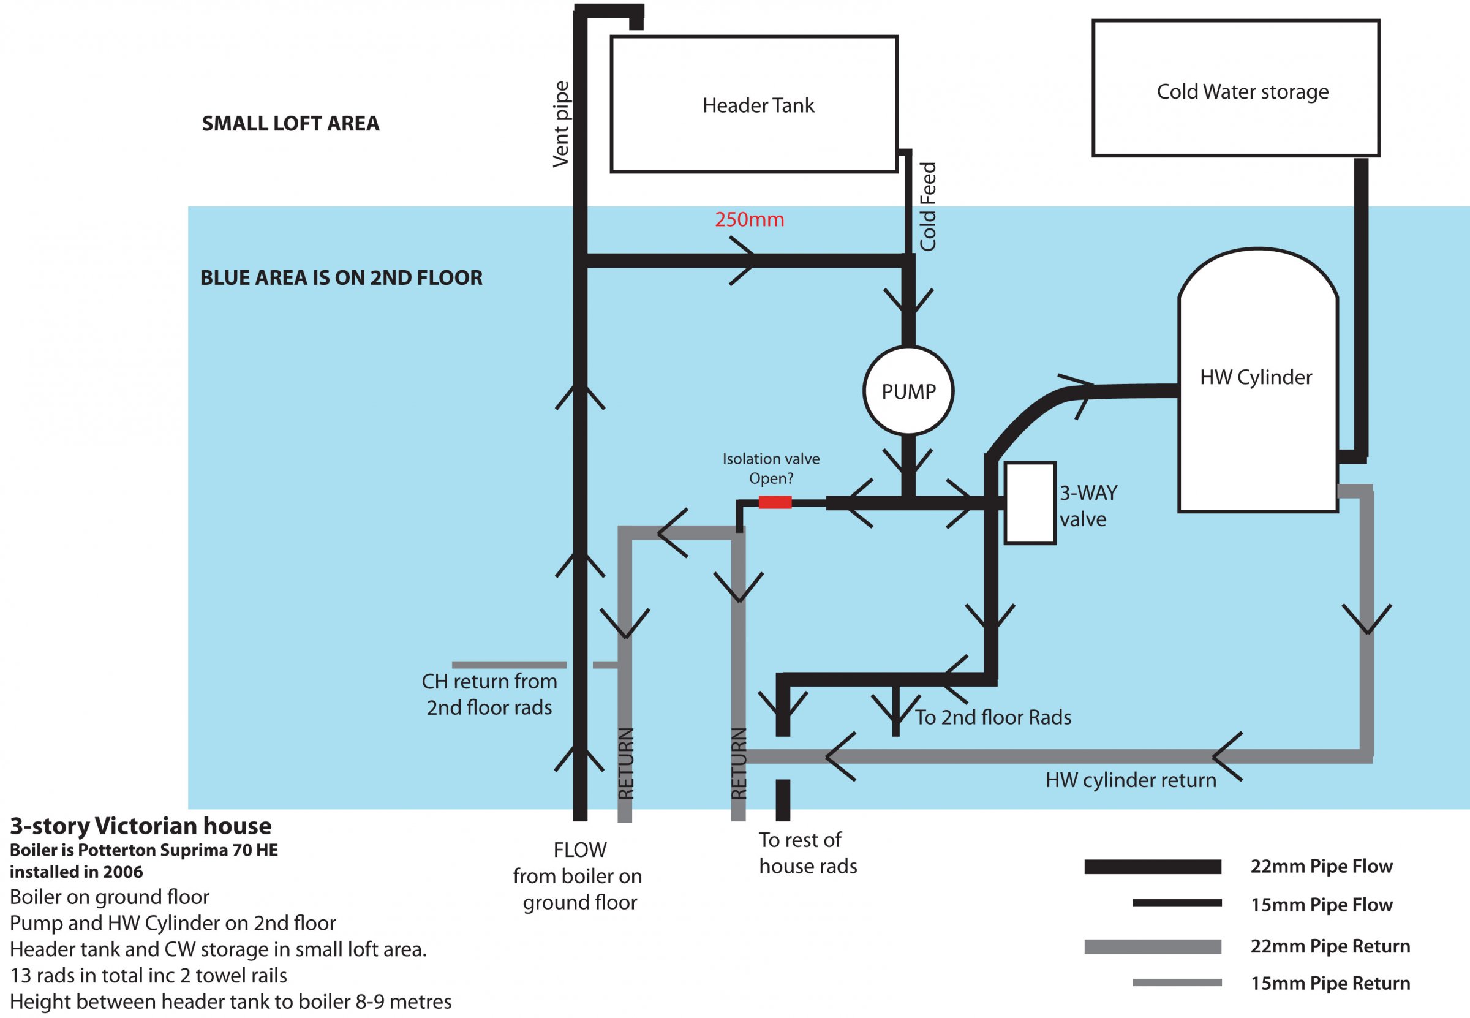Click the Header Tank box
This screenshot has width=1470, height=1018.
(754, 105)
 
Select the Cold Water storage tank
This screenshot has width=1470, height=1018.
(1236, 89)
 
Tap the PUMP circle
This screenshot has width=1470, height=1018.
(908, 391)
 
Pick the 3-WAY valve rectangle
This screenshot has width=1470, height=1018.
(1030, 503)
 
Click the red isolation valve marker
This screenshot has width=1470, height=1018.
(775, 503)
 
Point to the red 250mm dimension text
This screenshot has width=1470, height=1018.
(749, 220)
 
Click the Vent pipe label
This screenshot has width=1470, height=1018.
(561, 125)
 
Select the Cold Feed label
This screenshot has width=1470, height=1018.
(928, 206)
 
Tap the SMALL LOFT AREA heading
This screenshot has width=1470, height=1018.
(291, 124)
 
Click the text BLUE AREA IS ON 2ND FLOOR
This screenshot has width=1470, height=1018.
(341, 278)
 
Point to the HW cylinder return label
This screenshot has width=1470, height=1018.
(1131, 781)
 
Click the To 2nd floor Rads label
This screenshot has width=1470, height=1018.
(993, 718)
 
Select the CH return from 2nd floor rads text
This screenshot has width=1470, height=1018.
(489, 695)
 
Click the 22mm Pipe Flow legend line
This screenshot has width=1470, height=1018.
(1152, 867)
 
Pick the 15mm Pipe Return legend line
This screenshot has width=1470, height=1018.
(1177, 983)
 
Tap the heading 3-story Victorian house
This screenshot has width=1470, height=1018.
(141, 826)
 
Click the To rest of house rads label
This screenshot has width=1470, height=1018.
(807, 853)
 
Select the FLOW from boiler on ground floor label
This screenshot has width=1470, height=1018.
(578, 877)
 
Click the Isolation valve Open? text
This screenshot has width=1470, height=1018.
(771, 469)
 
